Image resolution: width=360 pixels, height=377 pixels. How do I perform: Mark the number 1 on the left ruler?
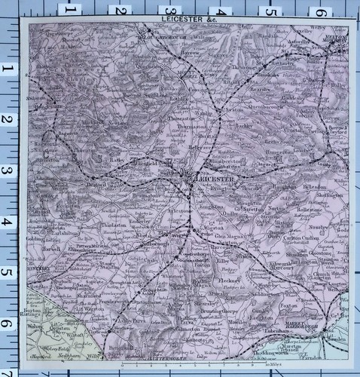pos(10,69)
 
